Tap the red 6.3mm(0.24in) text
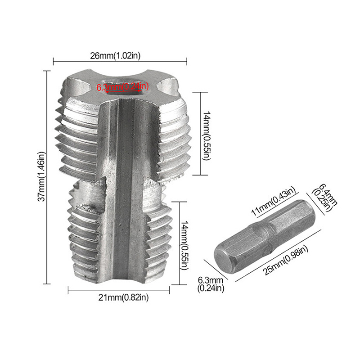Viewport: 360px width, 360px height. (x=122, y=86)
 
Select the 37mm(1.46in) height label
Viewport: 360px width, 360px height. (x=41, y=176)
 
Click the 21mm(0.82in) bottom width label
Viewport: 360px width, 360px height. (x=121, y=297)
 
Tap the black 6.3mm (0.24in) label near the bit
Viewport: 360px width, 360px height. (x=211, y=284)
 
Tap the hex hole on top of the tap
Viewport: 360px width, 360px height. (x=122, y=88)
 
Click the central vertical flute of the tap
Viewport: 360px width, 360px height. (x=124, y=189)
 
